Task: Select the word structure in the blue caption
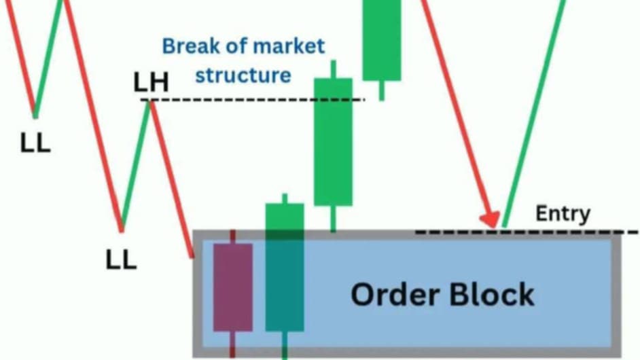click(x=243, y=75)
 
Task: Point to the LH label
click(x=151, y=82)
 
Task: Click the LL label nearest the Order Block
click(x=121, y=260)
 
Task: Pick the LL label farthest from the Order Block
click(x=35, y=144)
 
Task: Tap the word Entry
click(x=563, y=213)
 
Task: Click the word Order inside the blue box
click(x=395, y=295)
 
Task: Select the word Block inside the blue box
click(x=492, y=295)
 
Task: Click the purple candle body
click(x=233, y=287)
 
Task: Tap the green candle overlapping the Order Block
click(x=285, y=267)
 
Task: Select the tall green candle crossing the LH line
click(x=333, y=142)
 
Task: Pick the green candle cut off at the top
click(x=382, y=40)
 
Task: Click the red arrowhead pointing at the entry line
click(x=491, y=219)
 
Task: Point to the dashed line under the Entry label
click(x=527, y=232)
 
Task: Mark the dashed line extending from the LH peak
click(x=253, y=100)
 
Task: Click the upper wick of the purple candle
click(x=232, y=237)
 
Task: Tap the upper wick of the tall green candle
click(x=334, y=69)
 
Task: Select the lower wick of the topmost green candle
click(x=382, y=90)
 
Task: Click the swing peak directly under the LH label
click(x=149, y=103)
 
